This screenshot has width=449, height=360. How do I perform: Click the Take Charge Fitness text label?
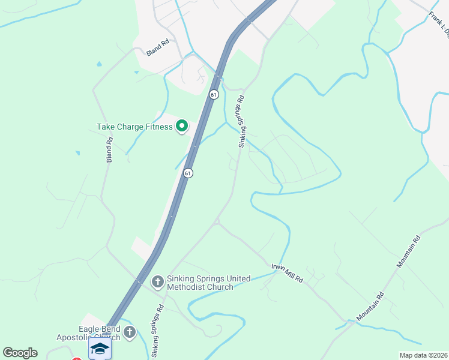tap(134, 127)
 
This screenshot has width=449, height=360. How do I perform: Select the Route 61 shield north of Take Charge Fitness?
tap(214, 95)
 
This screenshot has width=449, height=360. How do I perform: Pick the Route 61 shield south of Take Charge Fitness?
tap(188, 173)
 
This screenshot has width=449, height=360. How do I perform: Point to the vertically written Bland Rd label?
tap(109, 150)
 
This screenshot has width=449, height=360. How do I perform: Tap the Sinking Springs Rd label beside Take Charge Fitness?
tap(242, 121)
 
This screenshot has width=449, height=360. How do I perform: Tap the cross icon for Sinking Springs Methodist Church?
tap(157, 281)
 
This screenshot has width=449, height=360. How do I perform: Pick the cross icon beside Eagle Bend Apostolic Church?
tap(130, 332)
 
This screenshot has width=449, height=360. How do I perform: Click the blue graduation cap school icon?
tap(100, 349)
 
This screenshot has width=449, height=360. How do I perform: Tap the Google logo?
tap(20, 353)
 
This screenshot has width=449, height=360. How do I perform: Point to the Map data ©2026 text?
tap(423, 355)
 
